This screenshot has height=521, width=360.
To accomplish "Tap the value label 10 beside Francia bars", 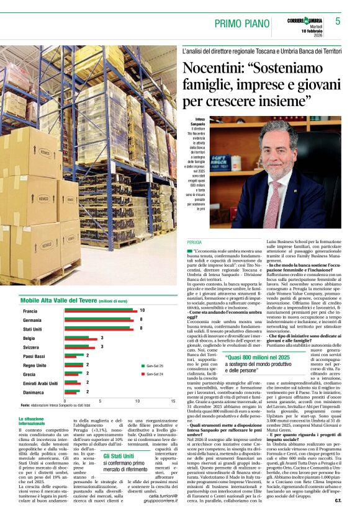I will [142, 310].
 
